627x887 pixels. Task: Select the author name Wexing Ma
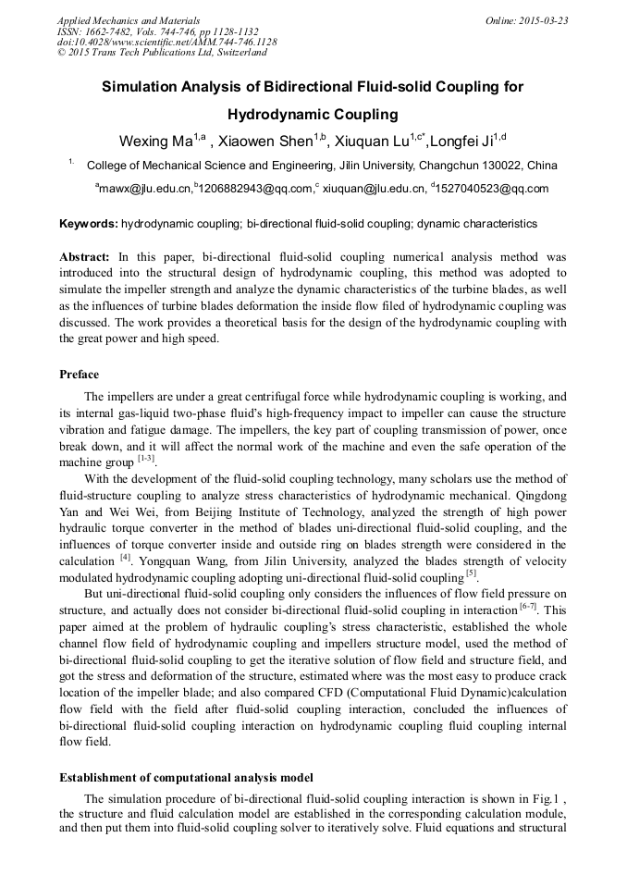coord(154,142)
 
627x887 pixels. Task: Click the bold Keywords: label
coord(89,224)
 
